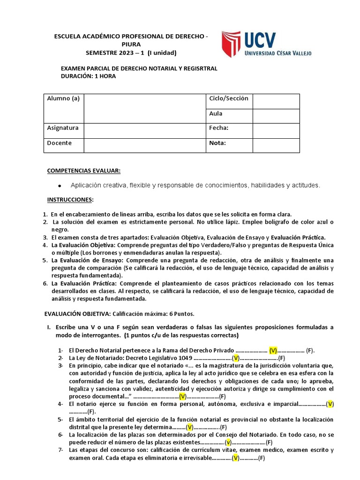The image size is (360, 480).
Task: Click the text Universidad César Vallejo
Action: click(x=278, y=53)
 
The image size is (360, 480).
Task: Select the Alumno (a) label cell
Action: click(x=63, y=98)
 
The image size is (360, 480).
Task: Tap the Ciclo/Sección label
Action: click(x=229, y=98)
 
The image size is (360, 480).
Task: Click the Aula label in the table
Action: click(x=216, y=113)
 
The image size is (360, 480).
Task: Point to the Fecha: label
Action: click(x=218, y=128)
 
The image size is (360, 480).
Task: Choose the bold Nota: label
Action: click(x=217, y=143)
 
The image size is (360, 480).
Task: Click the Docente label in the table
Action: click(x=60, y=143)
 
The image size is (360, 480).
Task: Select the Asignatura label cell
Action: click(x=63, y=128)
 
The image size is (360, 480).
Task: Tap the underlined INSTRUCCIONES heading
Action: click(x=70, y=200)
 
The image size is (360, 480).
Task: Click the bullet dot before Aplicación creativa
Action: click(x=60, y=186)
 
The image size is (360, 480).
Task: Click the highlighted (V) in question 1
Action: click(x=273, y=350)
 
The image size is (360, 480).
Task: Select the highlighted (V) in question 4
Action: click(x=330, y=404)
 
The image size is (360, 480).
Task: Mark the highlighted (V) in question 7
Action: click(x=236, y=458)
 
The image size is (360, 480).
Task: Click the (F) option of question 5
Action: click(x=224, y=427)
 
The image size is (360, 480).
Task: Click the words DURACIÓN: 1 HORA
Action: click(x=89, y=76)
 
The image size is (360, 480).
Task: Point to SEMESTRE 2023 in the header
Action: click(x=112, y=52)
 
